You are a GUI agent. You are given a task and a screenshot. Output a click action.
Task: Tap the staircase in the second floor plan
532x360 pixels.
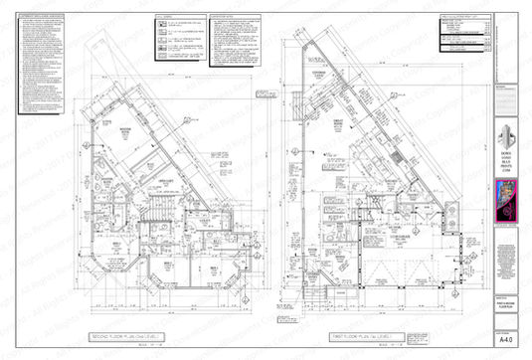157,211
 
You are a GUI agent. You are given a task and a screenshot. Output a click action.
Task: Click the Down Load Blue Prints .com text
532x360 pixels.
508,164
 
